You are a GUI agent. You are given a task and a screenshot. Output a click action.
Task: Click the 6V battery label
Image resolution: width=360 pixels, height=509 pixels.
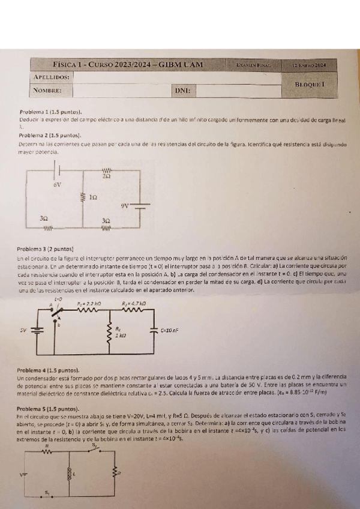click(57, 185)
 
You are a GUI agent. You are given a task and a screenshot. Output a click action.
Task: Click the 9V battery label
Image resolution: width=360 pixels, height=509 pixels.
click(125, 205)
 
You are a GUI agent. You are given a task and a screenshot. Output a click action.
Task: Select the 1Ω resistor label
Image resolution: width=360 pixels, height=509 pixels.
click(92, 197)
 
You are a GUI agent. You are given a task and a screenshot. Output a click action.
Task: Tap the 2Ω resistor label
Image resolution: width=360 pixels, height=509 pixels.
click(106, 177)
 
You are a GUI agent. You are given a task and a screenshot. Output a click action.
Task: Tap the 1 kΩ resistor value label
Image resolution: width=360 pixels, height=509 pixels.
click(120, 336)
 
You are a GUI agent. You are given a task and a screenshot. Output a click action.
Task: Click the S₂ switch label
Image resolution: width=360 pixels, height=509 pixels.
click(94, 445)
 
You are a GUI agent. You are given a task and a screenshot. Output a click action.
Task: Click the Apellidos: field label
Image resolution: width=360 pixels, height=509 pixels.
click(52, 77)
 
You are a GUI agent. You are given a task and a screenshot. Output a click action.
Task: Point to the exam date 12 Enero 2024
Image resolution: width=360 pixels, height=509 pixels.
click(313, 65)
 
